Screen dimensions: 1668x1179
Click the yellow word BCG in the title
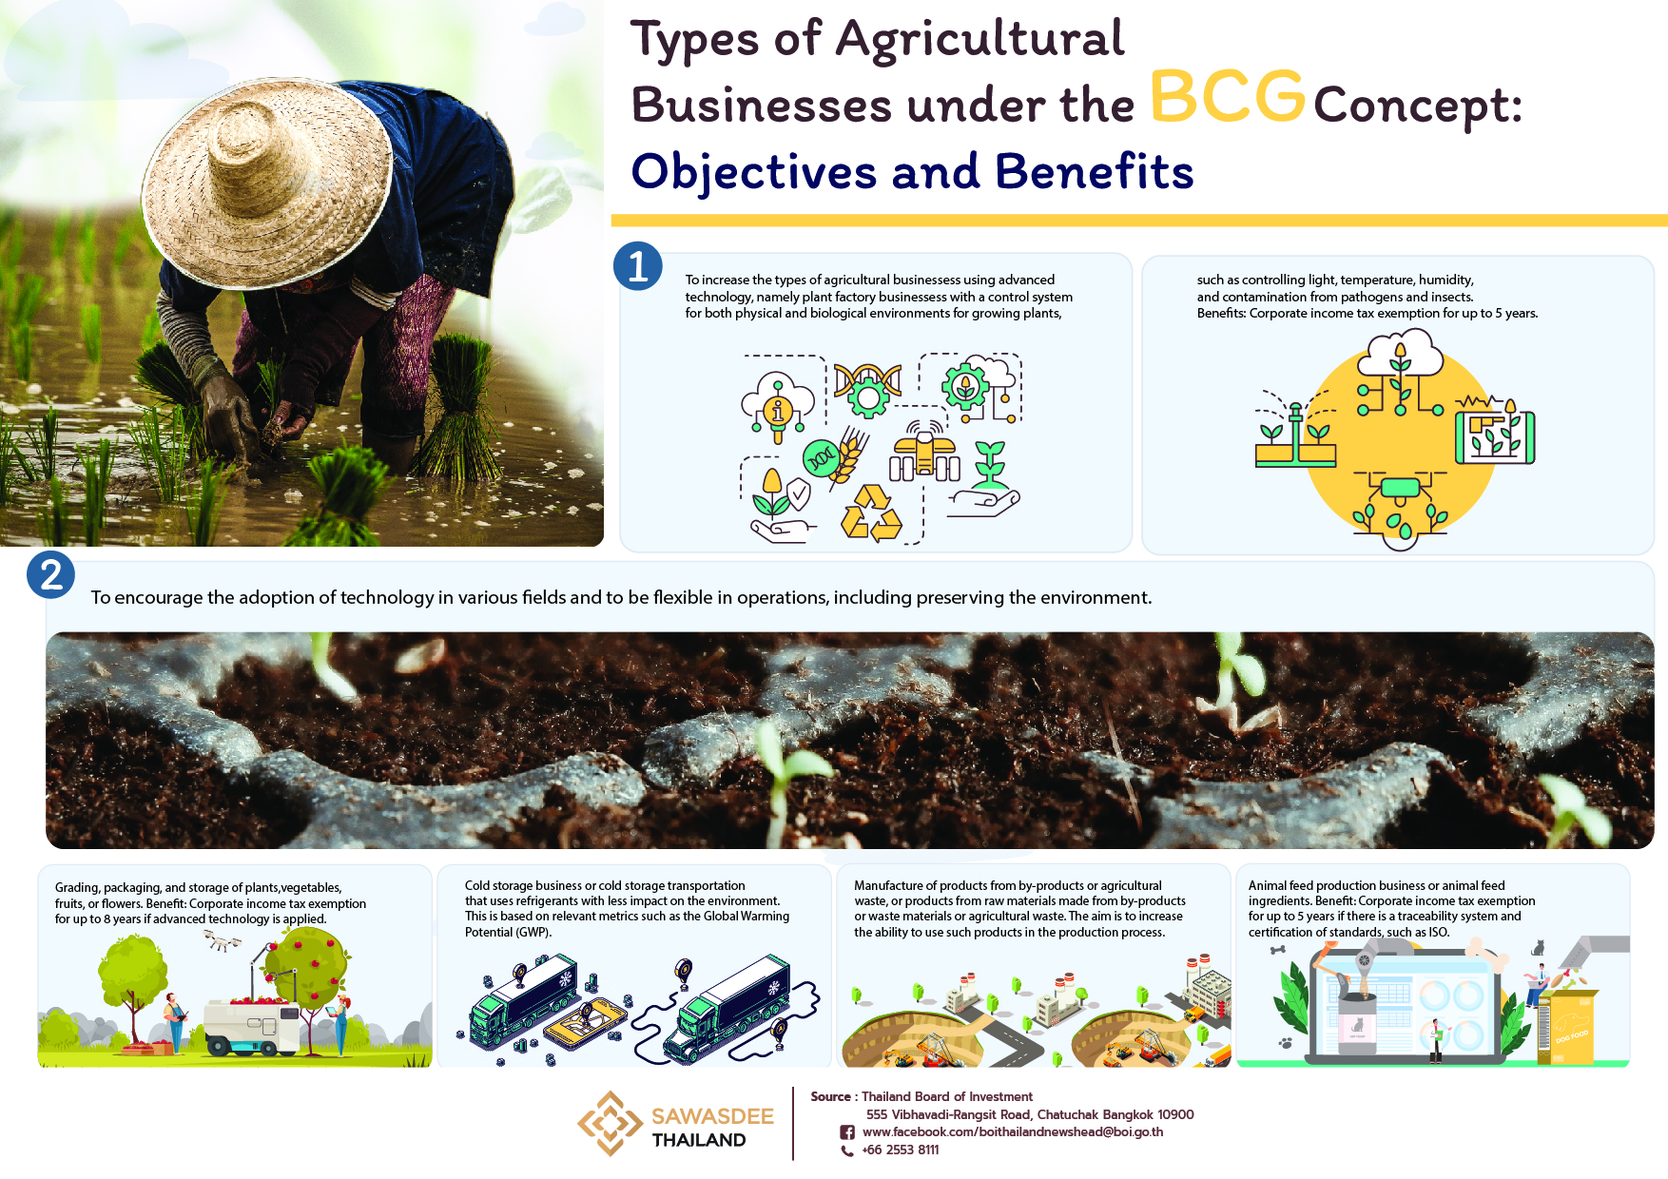1228,97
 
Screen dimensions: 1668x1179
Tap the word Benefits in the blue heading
1094,172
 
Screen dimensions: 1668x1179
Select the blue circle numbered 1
638,265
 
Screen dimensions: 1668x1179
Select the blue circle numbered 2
51,574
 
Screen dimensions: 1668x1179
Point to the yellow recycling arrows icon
871,513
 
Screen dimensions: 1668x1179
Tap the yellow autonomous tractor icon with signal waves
924,452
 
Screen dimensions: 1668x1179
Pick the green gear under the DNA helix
867,395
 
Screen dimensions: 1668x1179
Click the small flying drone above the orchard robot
222,941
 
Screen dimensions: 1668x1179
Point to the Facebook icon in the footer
847,1132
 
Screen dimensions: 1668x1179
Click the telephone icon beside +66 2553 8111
847,1150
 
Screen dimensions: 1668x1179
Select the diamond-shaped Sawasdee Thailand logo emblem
610,1124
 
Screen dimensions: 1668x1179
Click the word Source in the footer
830,1096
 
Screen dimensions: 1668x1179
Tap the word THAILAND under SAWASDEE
699,1140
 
